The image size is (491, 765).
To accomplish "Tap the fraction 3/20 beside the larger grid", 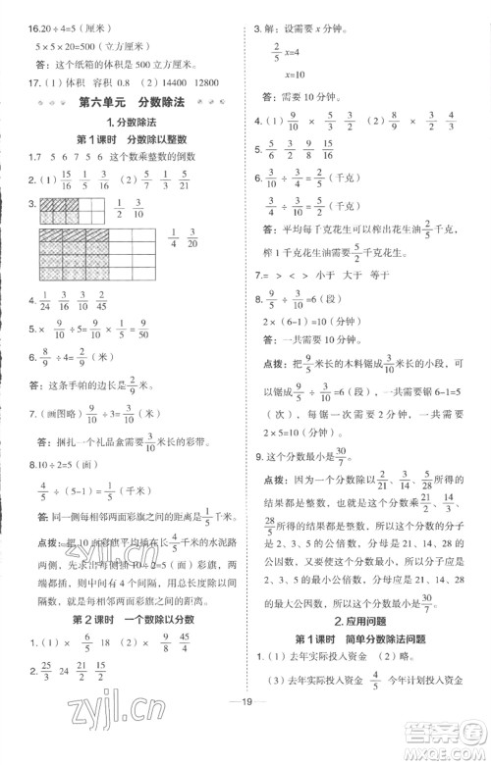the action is [x=193, y=265].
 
